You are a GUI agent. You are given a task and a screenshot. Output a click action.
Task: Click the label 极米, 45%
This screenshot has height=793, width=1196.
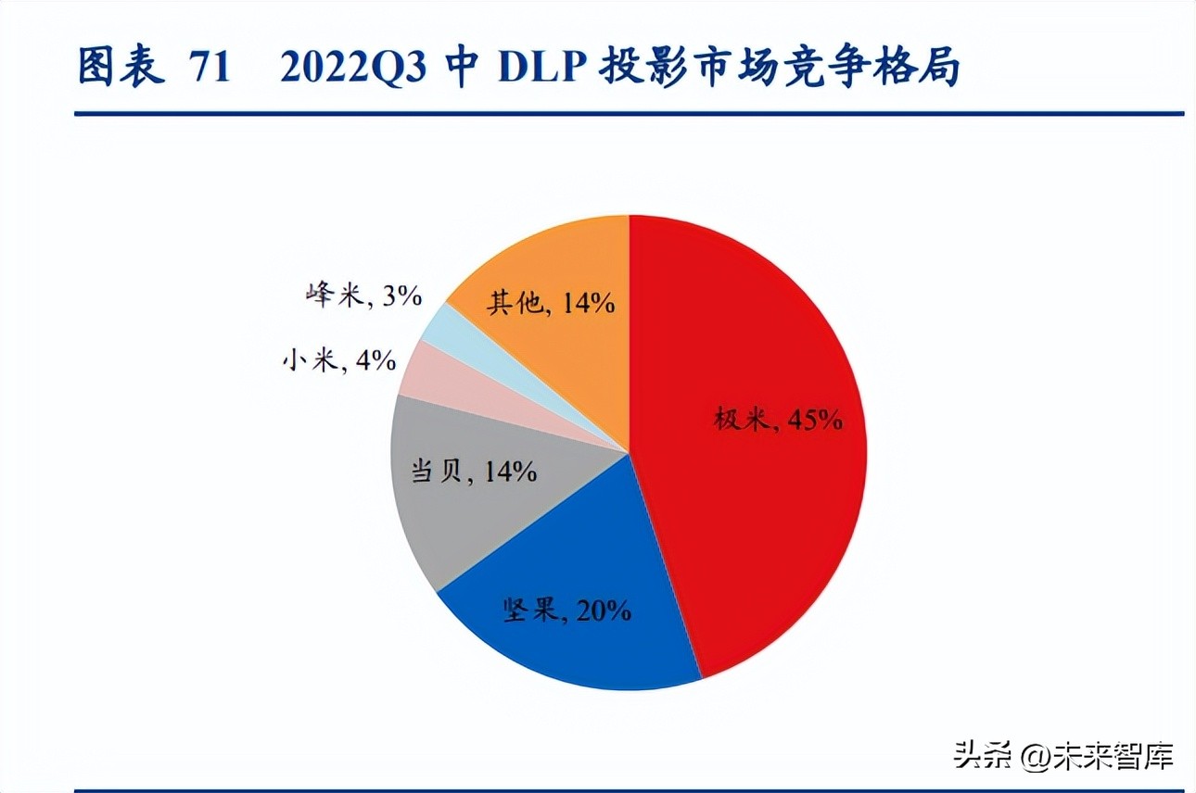coord(778,420)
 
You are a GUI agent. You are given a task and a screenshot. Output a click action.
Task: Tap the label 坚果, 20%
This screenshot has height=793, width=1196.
coord(567,610)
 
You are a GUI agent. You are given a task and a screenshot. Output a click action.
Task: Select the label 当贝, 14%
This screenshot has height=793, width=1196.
coord(474,471)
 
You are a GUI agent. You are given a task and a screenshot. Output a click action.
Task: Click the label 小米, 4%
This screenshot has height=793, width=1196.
coord(339,360)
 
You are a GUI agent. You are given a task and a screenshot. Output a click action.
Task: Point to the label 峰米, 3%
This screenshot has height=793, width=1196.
coord(363,296)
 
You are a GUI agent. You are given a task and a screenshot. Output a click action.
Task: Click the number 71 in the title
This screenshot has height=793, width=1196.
coord(209,69)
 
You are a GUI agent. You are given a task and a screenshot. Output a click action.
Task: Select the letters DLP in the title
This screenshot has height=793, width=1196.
coord(538,69)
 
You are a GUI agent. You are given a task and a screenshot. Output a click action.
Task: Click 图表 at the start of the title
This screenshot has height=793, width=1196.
coord(121,69)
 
